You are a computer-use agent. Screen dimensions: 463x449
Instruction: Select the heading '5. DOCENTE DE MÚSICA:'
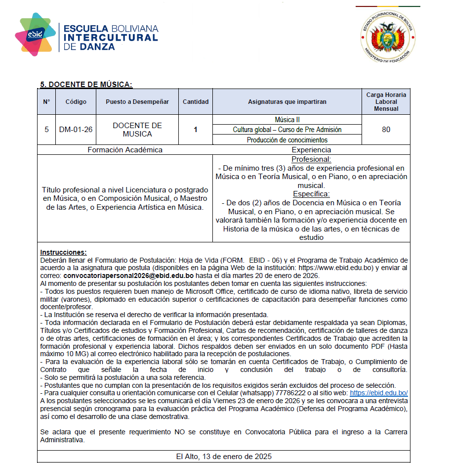coord(86,84)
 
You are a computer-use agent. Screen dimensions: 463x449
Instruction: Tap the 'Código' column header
coord(76,102)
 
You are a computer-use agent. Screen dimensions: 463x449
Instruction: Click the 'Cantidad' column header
coord(196,102)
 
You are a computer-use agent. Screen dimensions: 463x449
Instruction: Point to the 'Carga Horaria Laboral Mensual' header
coord(386,101)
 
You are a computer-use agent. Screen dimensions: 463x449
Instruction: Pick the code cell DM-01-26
coord(76,130)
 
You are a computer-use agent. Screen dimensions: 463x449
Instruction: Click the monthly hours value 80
coord(386,130)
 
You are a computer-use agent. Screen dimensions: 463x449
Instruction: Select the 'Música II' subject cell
coord(287,120)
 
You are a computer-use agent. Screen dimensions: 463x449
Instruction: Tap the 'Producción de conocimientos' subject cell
coord(287,140)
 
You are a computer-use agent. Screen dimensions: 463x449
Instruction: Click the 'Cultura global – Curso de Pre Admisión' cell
coord(287,130)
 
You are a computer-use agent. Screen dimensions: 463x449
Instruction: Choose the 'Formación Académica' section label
coord(125,150)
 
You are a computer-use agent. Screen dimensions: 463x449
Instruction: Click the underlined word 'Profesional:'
coord(311,160)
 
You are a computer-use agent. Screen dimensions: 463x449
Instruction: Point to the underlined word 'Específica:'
coord(311,194)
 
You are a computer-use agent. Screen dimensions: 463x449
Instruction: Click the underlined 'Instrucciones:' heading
coord(63,252)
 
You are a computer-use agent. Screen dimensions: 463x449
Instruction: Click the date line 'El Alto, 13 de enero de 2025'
coord(224,456)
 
